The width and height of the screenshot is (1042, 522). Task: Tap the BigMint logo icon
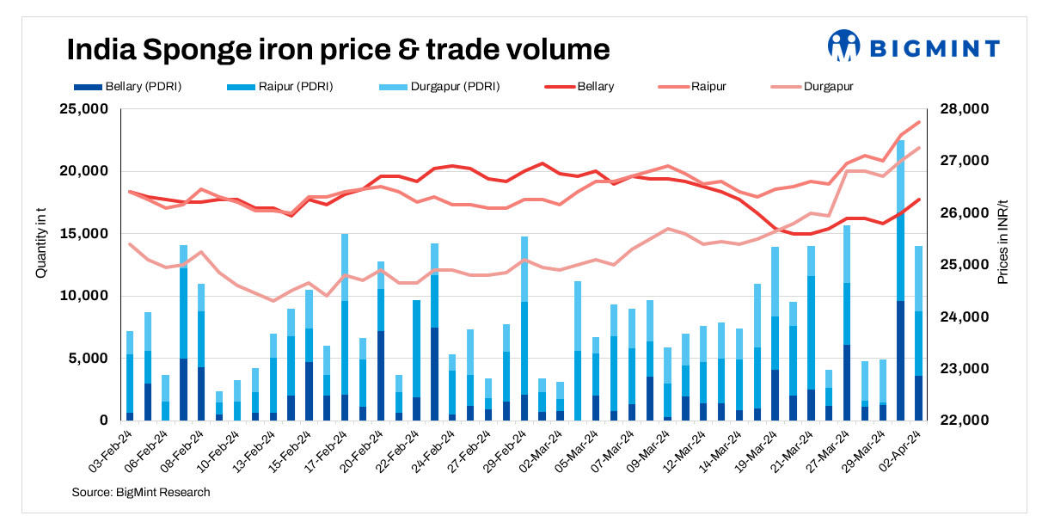coord(843,47)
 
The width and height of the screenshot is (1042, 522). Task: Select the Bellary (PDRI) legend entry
coord(130,87)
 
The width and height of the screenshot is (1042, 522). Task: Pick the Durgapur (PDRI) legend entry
coord(440,87)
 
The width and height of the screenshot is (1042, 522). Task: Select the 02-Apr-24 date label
coord(904,447)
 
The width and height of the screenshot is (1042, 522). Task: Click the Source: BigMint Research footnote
coord(141,492)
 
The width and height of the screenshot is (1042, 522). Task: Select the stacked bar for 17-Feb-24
coord(345,327)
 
